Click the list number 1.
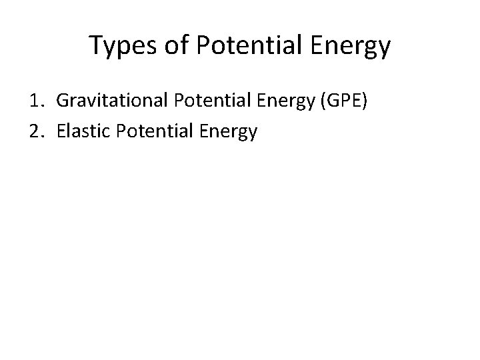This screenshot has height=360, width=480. (x=35, y=101)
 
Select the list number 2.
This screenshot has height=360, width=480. (x=35, y=132)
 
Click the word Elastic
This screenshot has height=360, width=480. (x=84, y=132)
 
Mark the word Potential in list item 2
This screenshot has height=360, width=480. (x=153, y=132)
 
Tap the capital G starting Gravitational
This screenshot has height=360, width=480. (x=63, y=101)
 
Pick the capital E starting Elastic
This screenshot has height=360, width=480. (x=62, y=132)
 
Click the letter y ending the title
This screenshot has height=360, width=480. (x=384, y=49)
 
